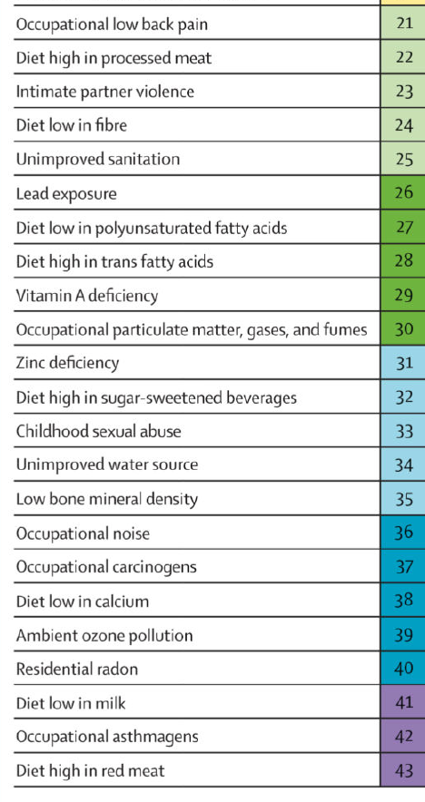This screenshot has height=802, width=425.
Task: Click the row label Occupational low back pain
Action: (112, 24)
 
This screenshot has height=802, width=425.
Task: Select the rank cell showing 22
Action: (403, 57)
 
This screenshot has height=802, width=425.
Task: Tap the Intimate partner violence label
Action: (105, 92)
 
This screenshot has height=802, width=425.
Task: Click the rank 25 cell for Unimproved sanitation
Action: (403, 159)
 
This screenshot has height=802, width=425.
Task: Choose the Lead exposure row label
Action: (66, 194)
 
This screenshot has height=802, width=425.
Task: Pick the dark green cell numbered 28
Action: (403, 261)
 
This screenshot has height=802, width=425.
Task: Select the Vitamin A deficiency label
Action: (87, 296)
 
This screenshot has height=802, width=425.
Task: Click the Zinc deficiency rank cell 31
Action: (403, 363)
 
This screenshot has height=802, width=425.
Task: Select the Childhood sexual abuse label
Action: (98, 431)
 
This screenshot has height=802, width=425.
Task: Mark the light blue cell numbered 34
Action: (403, 465)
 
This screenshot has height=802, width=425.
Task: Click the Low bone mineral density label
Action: (107, 499)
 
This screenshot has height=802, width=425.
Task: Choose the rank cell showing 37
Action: (403, 566)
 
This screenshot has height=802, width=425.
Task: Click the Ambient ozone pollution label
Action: (104, 636)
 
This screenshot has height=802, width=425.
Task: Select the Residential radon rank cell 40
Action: (403, 668)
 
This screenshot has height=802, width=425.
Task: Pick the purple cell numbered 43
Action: (403, 770)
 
